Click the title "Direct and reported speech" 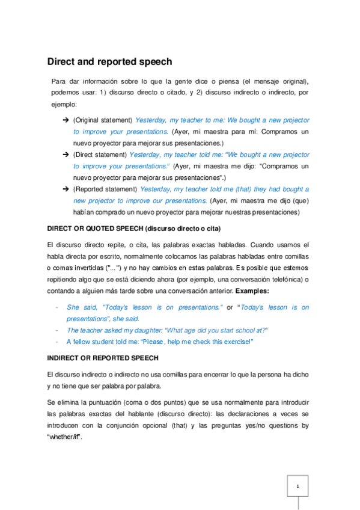pyautogui.click(x=109, y=61)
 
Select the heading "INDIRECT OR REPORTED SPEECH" pyautogui.click(x=103, y=358)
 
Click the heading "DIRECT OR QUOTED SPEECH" pyautogui.click(x=97, y=229)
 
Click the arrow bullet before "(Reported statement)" pyautogui.click(x=65, y=189)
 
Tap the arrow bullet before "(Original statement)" pyautogui.click(x=65, y=121)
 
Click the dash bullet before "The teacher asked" pyautogui.click(x=56, y=330)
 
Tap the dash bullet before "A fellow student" pyautogui.click(x=56, y=342)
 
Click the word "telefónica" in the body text pyautogui.click(x=282, y=279)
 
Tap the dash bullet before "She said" pyautogui.click(x=56, y=307)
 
